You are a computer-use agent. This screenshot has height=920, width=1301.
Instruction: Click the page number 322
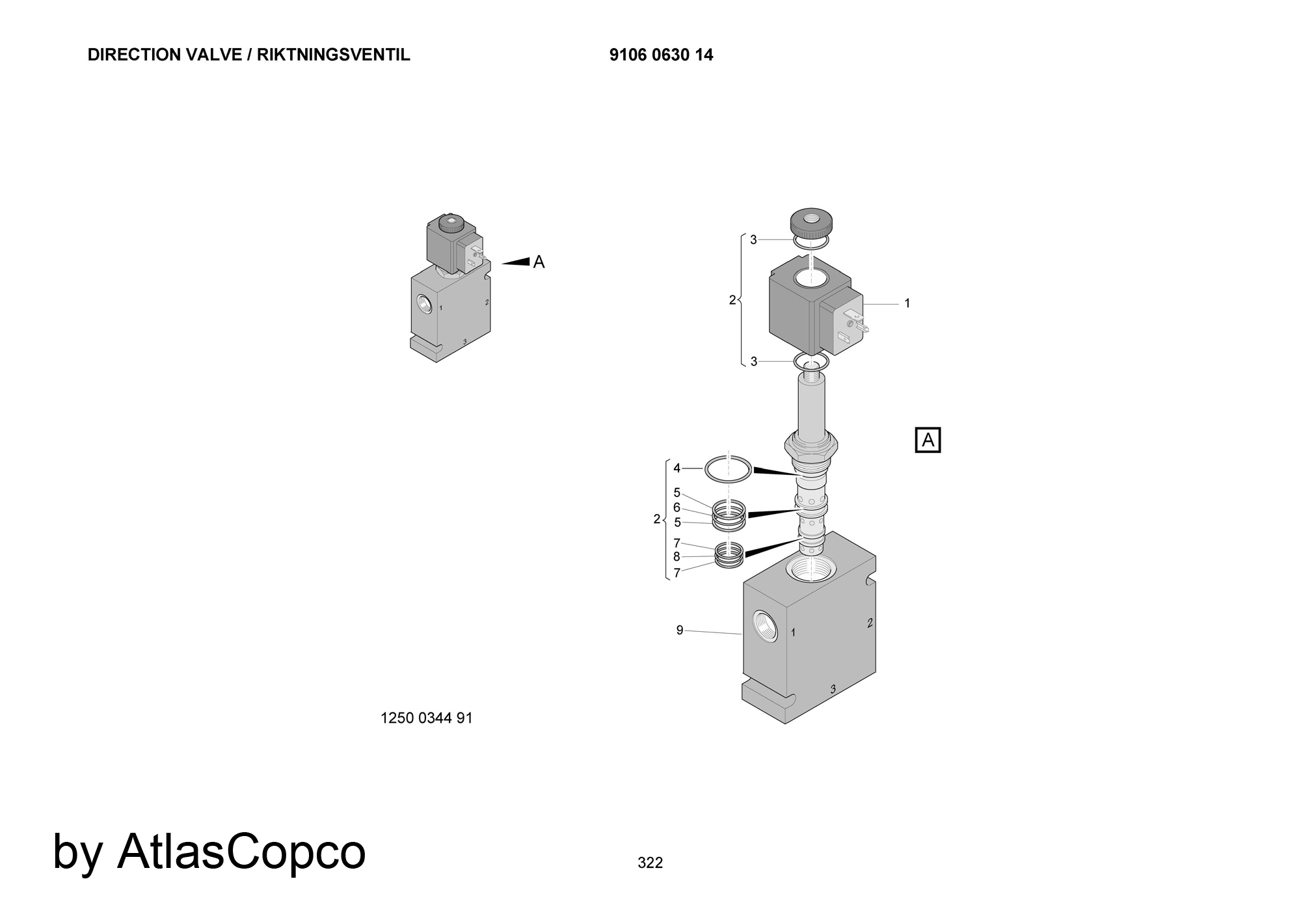pyautogui.click(x=650, y=863)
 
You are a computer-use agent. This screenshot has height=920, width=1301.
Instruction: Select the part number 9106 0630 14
pyautogui.click(x=661, y=55)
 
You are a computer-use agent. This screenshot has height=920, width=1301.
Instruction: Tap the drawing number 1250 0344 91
pyautogui.click(x=426, y=718)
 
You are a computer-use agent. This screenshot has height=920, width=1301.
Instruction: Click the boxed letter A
pyautogui.click(x=928, y=440)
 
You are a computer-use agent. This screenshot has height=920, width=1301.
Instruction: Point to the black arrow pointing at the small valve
pyautogui.click(x=515, y=262)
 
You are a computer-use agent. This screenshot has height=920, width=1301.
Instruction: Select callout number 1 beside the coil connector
pyautogui.click(x=907, y=303)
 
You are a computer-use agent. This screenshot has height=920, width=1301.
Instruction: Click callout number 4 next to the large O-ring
pyautogui.click(x=677, y=468)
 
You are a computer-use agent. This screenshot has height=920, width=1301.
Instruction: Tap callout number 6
pyautogui.click(x=677, y=507)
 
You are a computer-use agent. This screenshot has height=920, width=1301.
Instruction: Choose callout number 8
pyautogui.click(x=677, y=557)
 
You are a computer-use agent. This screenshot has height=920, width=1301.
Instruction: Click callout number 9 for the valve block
pyautogui.click(x=680, y=630)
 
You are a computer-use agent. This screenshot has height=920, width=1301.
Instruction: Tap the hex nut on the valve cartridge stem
pyautogui.click(x=811, y=446)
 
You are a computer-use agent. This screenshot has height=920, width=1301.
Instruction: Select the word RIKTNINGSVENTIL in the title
pyautogui.click(x=334, y=55)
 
